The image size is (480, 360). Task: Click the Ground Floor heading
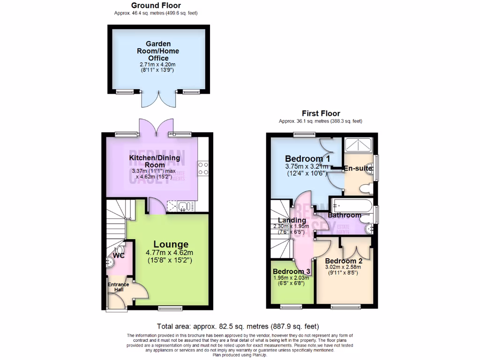[x=156, y=5]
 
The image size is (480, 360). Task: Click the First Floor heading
[x=321, y=113]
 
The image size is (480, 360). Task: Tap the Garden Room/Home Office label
[x=158, y=51]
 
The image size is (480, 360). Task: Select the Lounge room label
[x=171, y=244]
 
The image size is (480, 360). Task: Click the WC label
[x=119, y=256]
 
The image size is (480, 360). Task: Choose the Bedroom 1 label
[x=307, y=158]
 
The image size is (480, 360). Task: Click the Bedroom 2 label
[x=344, y=261]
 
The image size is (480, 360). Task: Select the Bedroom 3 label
[x=292, y=271]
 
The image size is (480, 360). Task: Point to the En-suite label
[x=358, y=169]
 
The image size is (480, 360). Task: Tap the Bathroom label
[x=344, y=215]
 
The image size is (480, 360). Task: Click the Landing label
[x=292, y=220]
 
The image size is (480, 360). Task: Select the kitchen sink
[x=183, y=205]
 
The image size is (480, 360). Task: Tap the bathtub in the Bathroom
[x=352, y=205]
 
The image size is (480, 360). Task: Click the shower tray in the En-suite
[x=359, y=145]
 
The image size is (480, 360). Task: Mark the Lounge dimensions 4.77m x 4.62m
[x=170, y=253]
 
